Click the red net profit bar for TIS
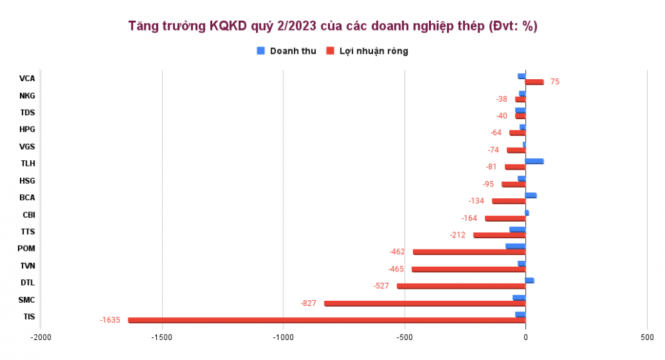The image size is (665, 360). (x=326, y=320)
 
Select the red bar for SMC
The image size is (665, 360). (x=424, y=303)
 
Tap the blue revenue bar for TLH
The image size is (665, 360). (x=534, y=161)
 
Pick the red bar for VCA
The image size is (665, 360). (x=534, y=82)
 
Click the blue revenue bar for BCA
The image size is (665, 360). (x=531, y=195)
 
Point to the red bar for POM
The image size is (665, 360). (x=469, y=252)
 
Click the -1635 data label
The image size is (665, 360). (x=110, y=320)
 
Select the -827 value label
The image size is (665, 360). (x=309, y=303)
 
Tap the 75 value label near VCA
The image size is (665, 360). (x=555, y=82)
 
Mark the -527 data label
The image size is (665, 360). (x=380, y=286)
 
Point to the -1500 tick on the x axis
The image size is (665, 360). (x=162, y=338)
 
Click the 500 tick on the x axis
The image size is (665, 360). (x=647, y=338)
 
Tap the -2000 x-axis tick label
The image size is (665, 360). (x=41, y=338)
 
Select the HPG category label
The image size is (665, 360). (x=27, y=130)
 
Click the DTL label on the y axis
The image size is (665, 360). (x=27, y=283)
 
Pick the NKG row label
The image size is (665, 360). (x=27, y=96)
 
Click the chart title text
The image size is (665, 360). (x=332, y=27)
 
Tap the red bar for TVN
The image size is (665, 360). (x=468, y=270)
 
